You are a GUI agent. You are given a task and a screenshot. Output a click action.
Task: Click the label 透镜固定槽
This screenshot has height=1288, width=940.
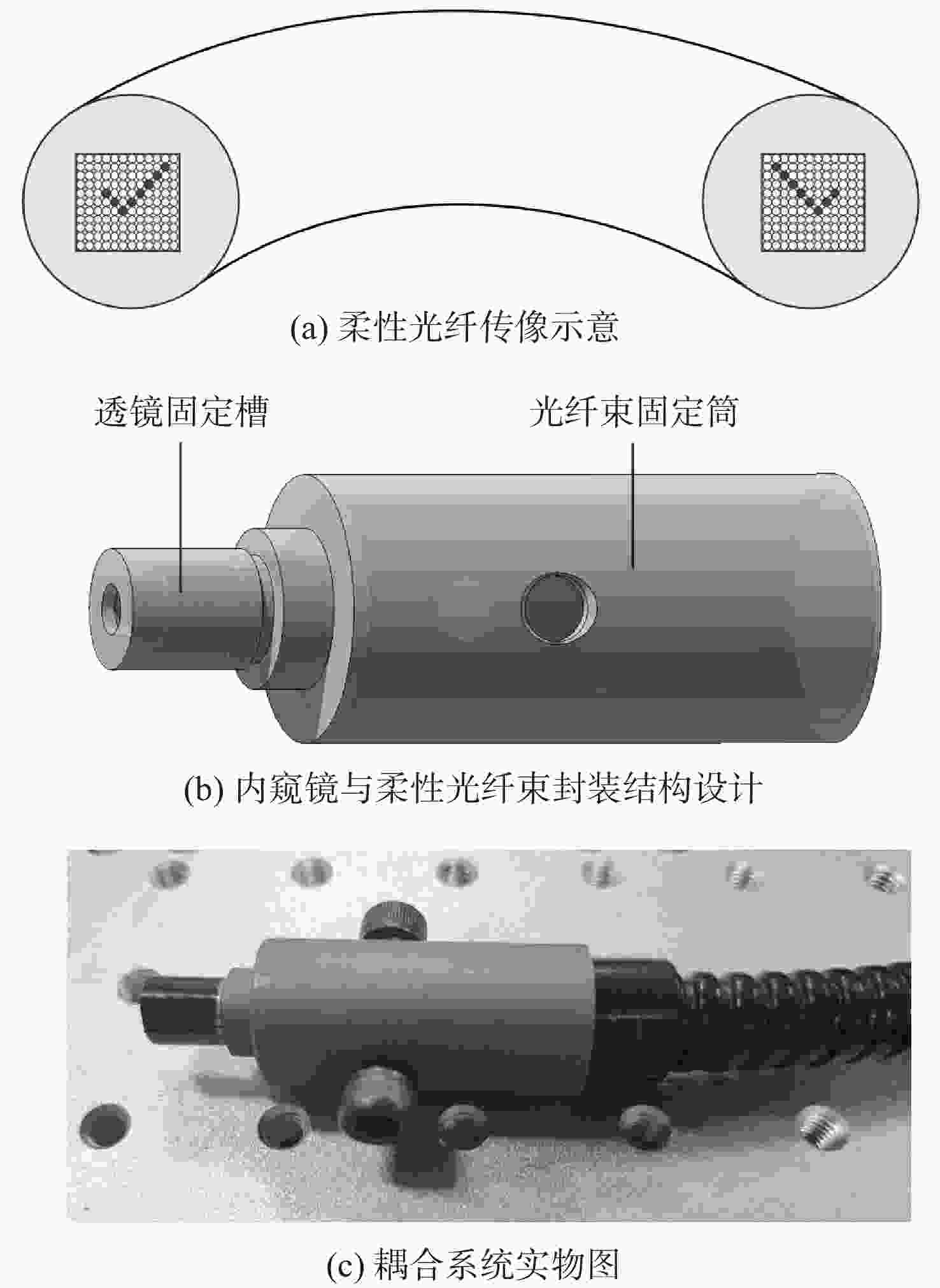[182, 411]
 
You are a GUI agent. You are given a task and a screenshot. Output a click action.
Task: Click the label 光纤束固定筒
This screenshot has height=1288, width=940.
[634, 411]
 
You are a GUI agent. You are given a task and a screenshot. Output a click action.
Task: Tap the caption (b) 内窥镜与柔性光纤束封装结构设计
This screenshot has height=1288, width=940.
[473, 789]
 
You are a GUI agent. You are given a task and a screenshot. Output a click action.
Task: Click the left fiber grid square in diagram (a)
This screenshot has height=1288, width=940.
[127, 202]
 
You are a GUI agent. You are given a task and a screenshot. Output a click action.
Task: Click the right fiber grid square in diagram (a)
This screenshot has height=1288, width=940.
[813, 202]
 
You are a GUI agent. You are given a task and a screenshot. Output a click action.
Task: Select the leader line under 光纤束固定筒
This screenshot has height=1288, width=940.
[632, 505]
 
